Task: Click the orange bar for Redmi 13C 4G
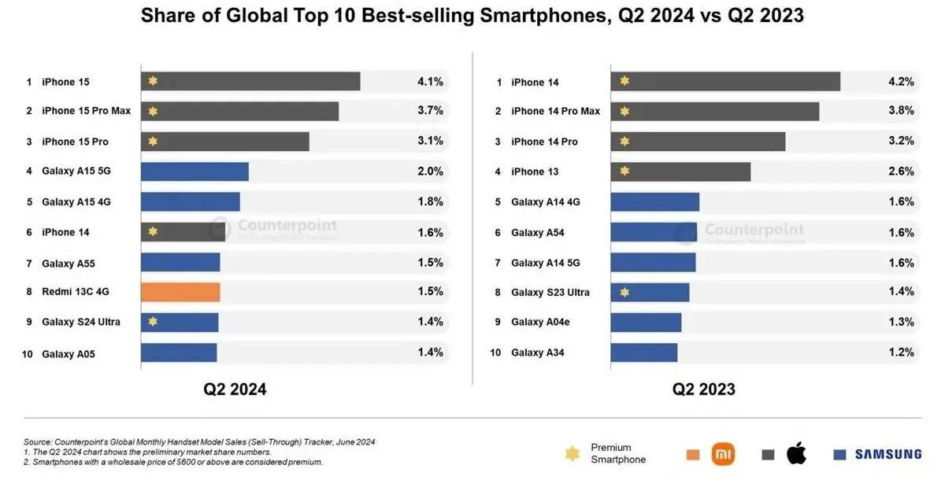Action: [180, 293]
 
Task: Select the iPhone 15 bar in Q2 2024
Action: [250, 82]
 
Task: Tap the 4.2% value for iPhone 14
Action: [901, 81]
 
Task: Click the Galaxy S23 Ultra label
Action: [550, 293]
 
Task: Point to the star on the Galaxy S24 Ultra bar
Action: [153, 322]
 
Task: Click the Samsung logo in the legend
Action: [876, 454]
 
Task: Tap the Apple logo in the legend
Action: [797, 453]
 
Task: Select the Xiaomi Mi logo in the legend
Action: [723, 454]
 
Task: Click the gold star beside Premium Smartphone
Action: [573, 454]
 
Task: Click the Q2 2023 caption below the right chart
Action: [703, 389]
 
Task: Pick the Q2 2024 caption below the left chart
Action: [235, 389]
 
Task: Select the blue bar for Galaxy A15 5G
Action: [195, 172]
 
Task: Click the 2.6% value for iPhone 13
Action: [901, 171]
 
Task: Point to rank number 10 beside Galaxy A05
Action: [28, 354]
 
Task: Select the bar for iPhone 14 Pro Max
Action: [714, 111]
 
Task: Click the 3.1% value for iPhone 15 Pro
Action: [430, 141]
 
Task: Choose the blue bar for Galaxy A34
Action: [643, 353]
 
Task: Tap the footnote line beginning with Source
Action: [199, 442]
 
